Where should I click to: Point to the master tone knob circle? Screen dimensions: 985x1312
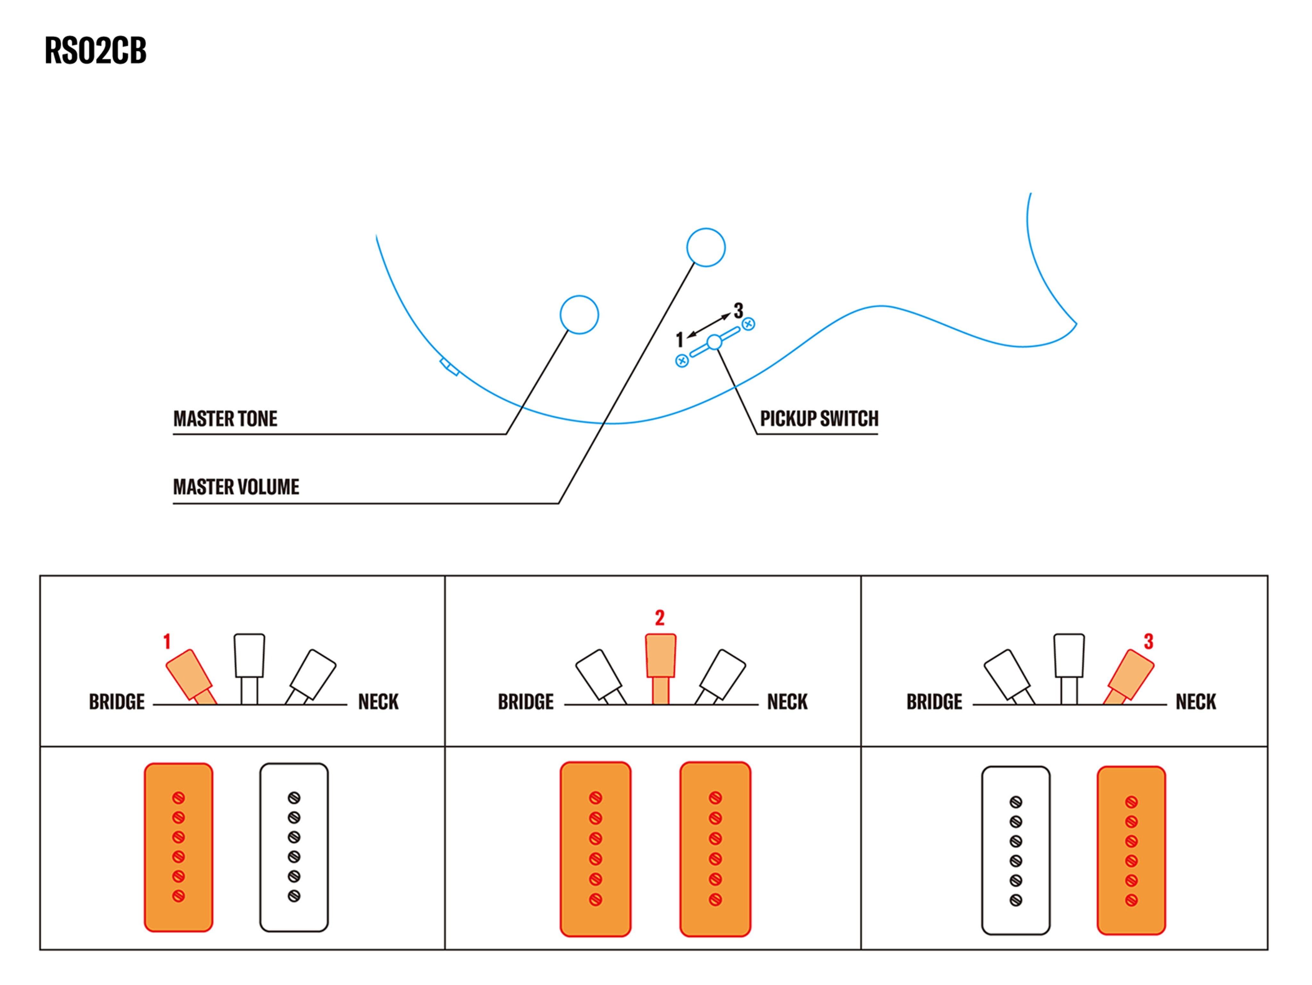point(579,314)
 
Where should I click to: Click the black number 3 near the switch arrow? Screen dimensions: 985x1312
point(738,310)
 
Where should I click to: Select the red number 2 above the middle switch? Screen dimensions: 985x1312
point(660,618)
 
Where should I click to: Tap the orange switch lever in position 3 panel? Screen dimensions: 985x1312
point(1130,675)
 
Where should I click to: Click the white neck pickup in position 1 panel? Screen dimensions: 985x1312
point(294,847)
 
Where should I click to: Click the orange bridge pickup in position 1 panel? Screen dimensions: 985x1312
point(178,847)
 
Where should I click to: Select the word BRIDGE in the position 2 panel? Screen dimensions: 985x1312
point(526,702)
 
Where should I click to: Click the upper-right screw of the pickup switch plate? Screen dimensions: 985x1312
point(749,324)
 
